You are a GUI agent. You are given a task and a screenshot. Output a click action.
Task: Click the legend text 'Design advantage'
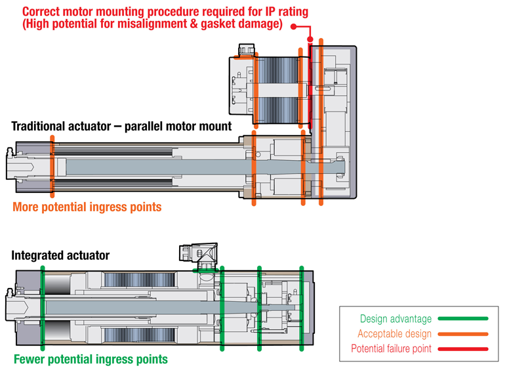396,319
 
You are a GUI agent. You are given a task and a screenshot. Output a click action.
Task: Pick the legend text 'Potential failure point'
392,348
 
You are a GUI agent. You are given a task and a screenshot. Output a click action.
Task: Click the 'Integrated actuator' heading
60,255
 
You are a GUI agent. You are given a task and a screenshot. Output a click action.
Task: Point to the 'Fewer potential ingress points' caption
91,359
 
